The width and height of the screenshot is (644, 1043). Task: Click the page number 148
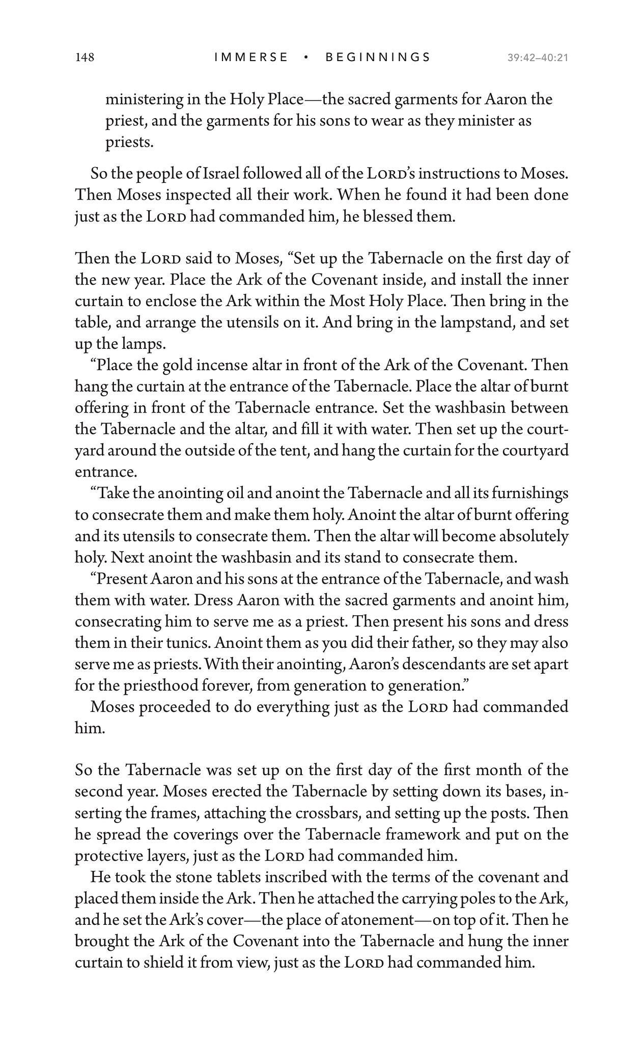tap(85, 57)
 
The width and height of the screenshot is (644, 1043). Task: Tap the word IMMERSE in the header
tap(251, 57)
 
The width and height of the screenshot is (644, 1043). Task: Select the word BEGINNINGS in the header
tap(378, 57)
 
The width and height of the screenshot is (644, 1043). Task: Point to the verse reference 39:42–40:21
tap(537, 58)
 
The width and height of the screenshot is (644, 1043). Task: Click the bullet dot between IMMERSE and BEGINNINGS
tap(306, 57)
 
